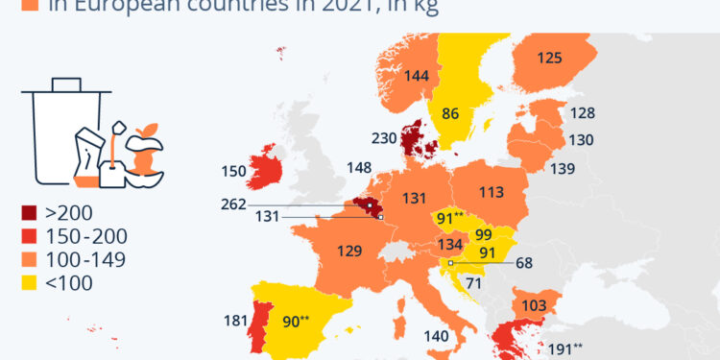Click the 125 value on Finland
(x=549, y=58)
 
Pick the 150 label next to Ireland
(x=233, y=172)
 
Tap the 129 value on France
(x=349, y=252)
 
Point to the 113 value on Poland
(x=491, y=192)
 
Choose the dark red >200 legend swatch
(x=29, y=213)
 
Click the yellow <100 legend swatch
(x=29, y=281)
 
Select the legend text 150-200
(x=87, y=236)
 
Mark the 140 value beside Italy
(x=436, y=336)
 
